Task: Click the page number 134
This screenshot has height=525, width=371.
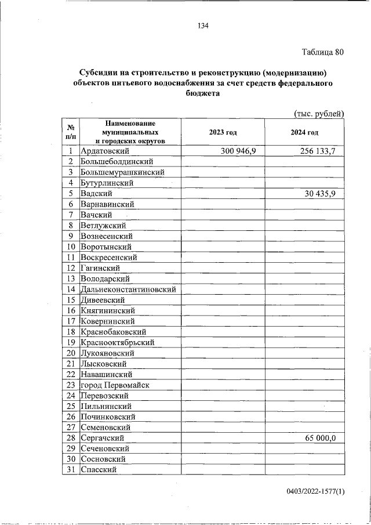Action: (202, 26)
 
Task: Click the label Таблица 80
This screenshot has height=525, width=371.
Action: (323, 52)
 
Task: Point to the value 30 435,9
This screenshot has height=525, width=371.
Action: (324, 194)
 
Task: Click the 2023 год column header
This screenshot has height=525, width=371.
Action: (223, 132)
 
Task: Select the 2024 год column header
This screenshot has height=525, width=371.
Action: (305, 132)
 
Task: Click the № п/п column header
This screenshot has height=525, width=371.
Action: (70, 132)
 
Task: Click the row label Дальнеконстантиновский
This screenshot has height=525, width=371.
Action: (129, 289)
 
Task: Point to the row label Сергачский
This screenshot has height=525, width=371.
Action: (103, 438)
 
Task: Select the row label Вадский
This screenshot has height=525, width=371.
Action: (96, 194)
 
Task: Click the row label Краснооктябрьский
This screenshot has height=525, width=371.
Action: (118, 342)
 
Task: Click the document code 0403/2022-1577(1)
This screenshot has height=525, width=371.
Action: (315, 492)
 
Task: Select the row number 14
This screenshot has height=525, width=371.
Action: (71, 289)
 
